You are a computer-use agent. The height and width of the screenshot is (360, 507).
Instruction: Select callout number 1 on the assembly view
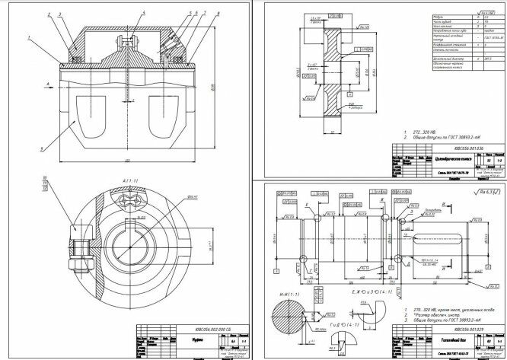(28, 37)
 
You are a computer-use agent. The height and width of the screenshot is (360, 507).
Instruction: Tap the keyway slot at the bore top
(141, 221)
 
